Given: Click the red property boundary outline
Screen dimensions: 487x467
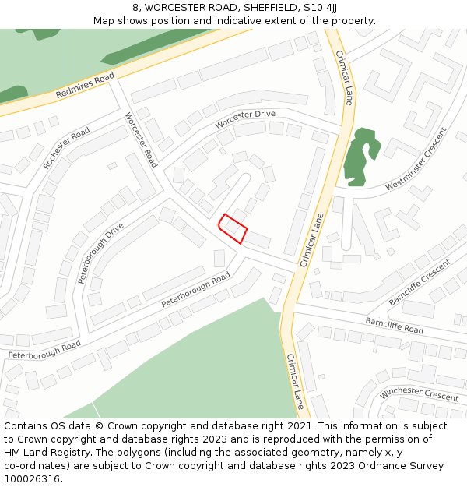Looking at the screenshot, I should click(x=232, y=228).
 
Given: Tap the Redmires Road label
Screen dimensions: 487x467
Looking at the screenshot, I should click(x=85, y=85).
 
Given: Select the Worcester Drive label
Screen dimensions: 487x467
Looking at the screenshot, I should click(x=245, y=118).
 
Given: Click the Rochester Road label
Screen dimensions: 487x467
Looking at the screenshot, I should click(x=66, y=149).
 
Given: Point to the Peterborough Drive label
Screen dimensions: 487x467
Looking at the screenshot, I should click(x=100, y=252).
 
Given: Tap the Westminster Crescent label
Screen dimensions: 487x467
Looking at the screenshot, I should click(x=416, y=159).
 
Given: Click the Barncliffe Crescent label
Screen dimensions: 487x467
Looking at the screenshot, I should click(x=420, y=281).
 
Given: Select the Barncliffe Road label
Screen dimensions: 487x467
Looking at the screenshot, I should click(x=394, y=325).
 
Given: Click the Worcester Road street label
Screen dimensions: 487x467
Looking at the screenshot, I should click(x=141, y=139).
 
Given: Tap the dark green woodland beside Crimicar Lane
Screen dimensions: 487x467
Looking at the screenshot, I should click(x=360, y=155).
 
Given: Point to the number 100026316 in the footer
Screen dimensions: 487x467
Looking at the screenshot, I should click(x=32, y=479).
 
